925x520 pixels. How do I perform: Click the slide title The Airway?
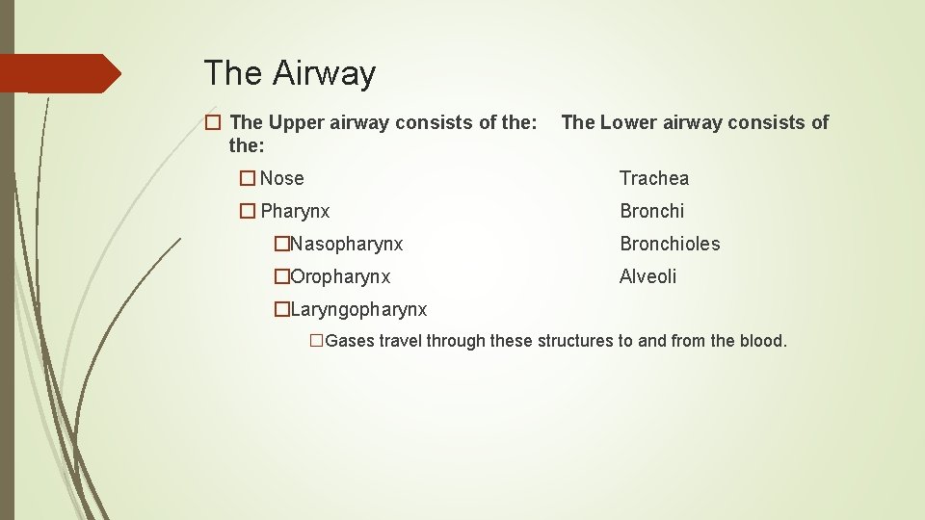tap(289, 73)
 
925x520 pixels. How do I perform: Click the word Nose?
tap(281, 178)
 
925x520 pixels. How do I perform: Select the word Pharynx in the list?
tap(295, 211)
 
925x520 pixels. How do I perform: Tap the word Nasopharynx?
tap(346, 244)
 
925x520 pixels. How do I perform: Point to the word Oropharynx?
tap(340, 276)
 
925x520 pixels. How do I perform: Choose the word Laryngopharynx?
tap(357, 309)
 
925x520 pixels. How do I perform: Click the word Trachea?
tap(654, 178)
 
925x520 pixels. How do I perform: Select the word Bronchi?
tap(651, 211)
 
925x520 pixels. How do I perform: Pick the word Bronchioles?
tap(670, 244)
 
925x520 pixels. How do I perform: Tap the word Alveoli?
tap(647, 276)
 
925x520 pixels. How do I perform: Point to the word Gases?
tap(350, 341)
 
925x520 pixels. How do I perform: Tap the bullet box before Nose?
tap(248, 178)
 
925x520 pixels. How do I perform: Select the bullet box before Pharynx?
tap(248, 211)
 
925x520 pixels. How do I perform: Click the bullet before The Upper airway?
tap(213, 122)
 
